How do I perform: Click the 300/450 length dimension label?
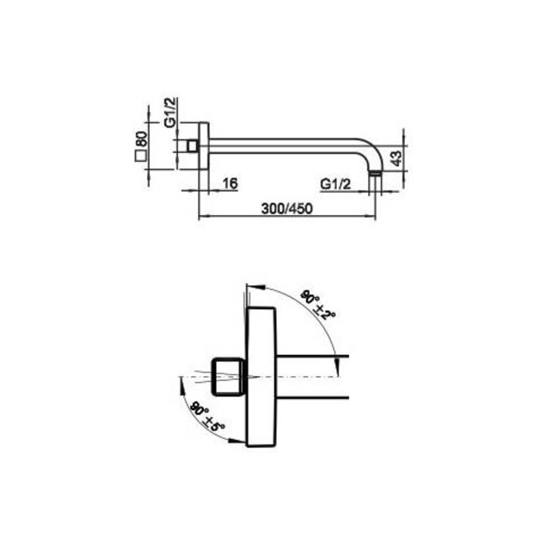(287, 209)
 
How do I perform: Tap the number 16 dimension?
(230, 183)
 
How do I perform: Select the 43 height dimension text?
(396, 158)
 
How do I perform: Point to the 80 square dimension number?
(141, 139)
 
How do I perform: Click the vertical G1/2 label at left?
(170, 112)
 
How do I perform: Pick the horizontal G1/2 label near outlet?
(335, 184)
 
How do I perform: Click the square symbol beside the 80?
(141, 157)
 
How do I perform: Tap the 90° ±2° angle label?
(318, 305)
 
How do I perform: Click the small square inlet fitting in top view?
(192, 146)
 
